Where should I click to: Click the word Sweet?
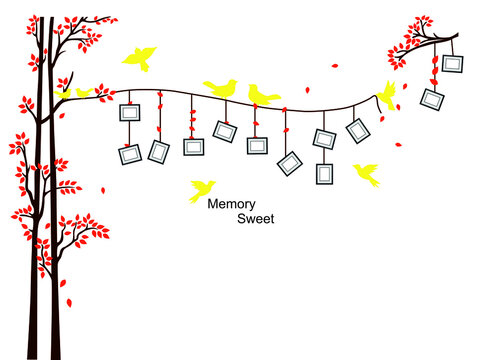coord(256,218)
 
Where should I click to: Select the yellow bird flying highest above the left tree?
coord(140,57)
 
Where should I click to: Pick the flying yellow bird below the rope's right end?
coord(366,174)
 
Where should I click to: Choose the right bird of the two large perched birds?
coord(263,95)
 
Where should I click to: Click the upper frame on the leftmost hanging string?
coord(129,113)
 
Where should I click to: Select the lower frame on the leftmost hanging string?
coord(130,155)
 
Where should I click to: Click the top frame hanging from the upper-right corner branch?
coord(453,64)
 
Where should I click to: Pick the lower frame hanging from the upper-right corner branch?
coord(433,99)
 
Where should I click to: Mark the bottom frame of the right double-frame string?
coord(324,173)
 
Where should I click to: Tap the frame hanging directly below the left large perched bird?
coord(225,130)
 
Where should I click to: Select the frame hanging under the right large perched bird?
coord(257,145)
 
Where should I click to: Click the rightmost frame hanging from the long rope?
coord(358,130)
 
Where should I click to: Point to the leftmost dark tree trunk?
coord(35,250)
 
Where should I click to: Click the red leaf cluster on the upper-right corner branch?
coord(409,40)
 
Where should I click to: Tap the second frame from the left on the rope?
coord(158,151)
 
